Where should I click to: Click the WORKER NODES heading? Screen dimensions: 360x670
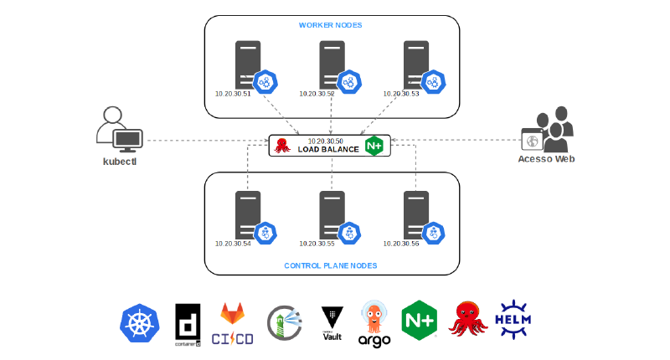[331, 25]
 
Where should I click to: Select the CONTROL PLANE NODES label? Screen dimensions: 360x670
[331, 265]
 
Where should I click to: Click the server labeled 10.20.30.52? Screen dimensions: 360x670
[332, 64]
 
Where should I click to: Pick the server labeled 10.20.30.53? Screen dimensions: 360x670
[416, 64]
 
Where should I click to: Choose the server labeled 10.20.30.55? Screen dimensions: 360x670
[332, 215]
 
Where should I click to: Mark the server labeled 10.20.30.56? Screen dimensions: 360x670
[416, 215]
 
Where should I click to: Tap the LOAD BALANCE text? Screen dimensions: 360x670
[328, 150]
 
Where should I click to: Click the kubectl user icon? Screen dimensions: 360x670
[119, 130]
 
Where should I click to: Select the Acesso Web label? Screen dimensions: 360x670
[546, 160]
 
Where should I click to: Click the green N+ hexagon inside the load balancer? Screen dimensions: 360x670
[374, 146]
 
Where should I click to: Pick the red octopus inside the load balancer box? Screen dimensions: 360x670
[283, 146]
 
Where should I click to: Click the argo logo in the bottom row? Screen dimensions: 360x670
[374, 322]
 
